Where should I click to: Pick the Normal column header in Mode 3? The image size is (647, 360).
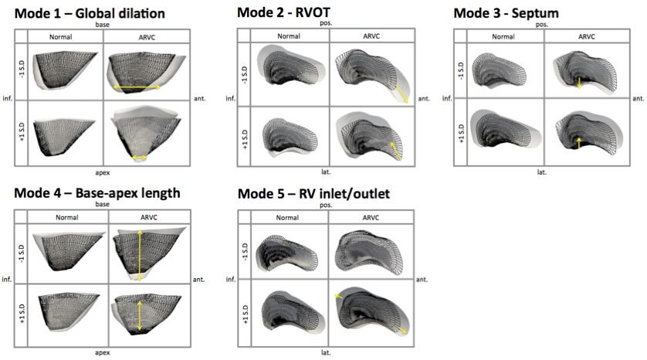(503, 36)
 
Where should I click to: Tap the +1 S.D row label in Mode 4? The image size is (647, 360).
(19, 310)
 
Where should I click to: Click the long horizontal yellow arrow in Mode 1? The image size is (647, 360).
(137, 88)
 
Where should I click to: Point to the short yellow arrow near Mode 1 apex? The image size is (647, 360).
(140, 158)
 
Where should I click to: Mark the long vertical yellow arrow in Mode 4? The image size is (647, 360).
(140, 255)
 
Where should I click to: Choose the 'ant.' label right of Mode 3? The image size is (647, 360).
(638, 99)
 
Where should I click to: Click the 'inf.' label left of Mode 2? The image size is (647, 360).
(229, 99)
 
